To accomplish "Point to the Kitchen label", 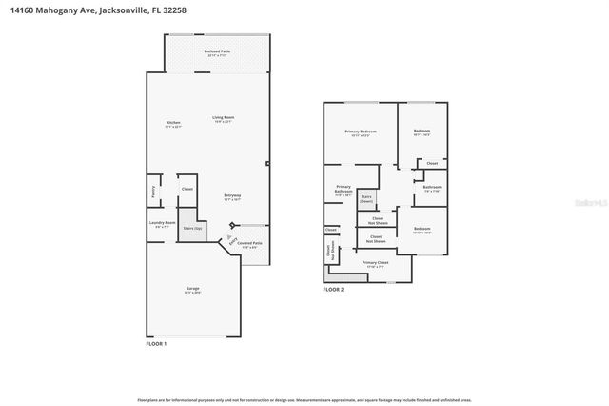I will [x=173, y=123].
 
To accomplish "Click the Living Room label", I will [x=224, y=118].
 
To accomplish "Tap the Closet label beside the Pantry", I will [x=187, y=189].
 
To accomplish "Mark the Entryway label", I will [x=232, y=196].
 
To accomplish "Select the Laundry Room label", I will [x=162, y=223].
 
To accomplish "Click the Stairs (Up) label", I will [x=193, y=229].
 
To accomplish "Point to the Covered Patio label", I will [x=250, y=244].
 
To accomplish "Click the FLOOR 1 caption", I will [x=156, y=343].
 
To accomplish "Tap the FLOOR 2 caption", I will [x=333, y=290].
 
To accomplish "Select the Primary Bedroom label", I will [x=361, y=132].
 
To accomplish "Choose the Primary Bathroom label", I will [x=344, y=190].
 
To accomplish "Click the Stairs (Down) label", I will [x=366, y=198].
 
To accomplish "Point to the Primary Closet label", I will [x=376, y=262].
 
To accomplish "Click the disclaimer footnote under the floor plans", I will [x=304, y=400].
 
